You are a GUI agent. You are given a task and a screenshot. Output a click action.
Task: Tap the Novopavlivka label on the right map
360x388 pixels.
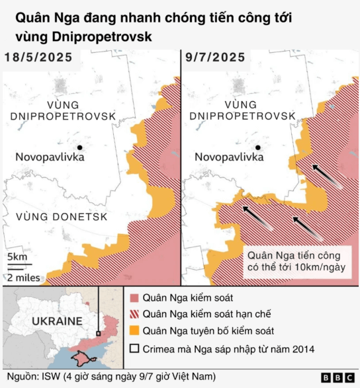click(x=229, y=157)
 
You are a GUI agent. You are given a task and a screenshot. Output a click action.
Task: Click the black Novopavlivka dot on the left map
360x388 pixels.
click(x=79, y=147)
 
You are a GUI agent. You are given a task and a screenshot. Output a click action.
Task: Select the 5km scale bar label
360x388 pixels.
click(x=17, y=256)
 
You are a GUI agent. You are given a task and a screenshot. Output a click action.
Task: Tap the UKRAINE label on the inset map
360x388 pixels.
click(x=57, y=321)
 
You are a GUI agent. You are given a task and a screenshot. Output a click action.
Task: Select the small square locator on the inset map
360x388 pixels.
click(x=99, y=334)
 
